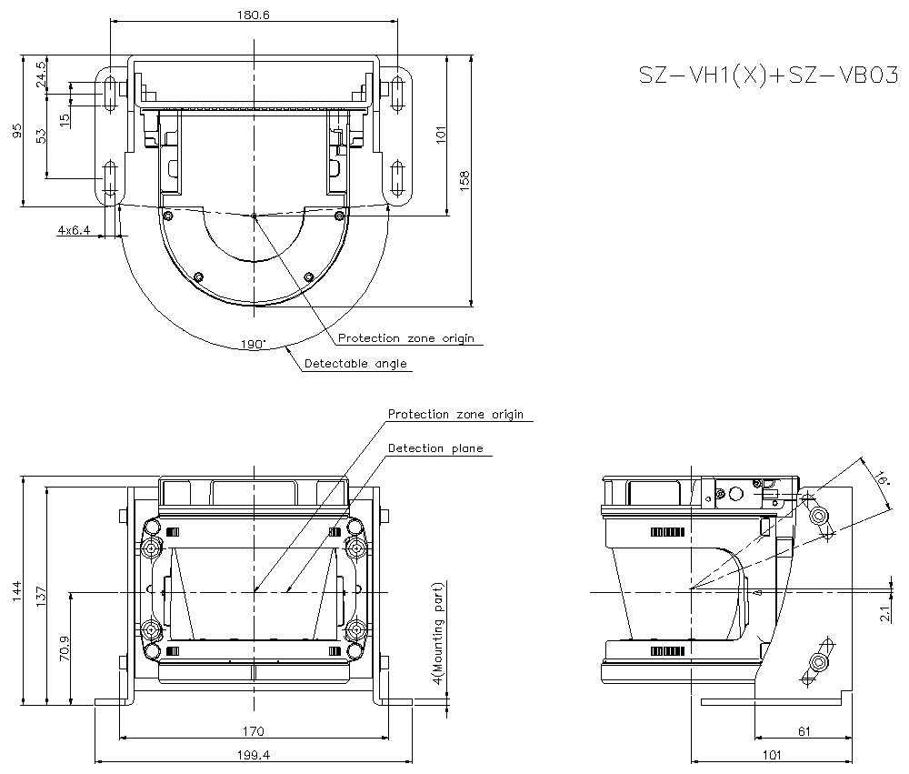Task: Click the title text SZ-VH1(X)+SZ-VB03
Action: point(768,76)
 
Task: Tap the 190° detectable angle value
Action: point(254,345)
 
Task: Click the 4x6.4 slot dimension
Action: point(74,231)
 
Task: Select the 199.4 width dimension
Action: point(253,754)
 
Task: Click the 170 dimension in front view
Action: point(253,730)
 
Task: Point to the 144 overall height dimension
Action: point(16,591)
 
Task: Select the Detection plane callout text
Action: point(435,448)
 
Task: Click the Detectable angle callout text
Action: point(355,364)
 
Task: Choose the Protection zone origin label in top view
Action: point(406,338)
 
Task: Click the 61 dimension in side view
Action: point(804,730)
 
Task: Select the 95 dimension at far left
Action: point(16,132)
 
